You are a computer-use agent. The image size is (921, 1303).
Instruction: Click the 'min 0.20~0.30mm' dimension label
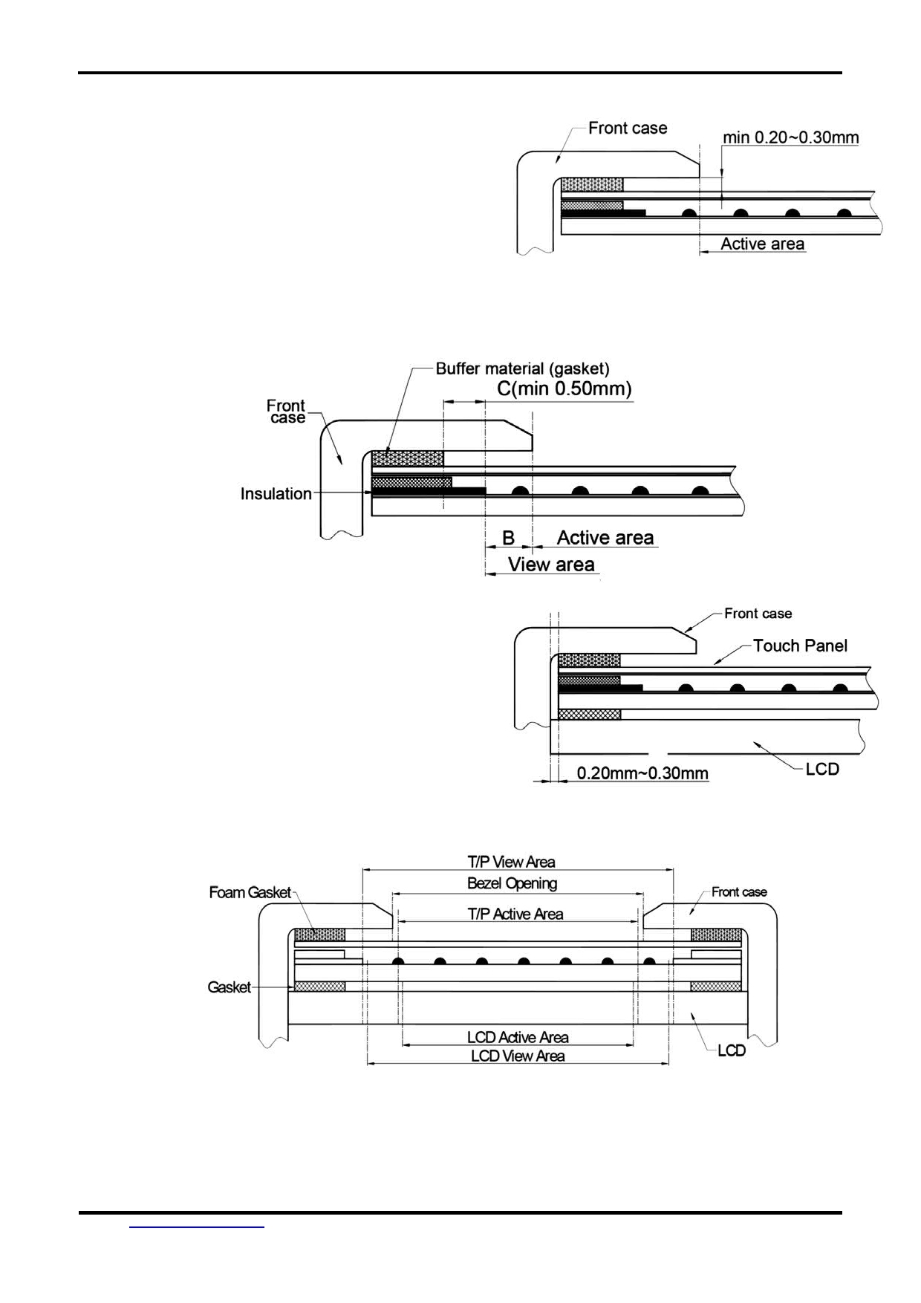tap(791, 137)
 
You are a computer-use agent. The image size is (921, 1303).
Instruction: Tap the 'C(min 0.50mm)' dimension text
tap(564, 389)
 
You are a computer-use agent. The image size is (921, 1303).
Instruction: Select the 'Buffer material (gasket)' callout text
tap(522, 368)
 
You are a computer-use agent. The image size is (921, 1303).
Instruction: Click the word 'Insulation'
tap(276, 494)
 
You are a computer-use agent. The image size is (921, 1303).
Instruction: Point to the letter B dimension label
tap(509, 538)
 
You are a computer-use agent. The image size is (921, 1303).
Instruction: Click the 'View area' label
tap(551, 565)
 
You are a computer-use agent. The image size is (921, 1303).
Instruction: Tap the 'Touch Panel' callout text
tap(800, 646)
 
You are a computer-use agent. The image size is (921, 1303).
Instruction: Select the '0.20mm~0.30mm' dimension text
tap(642, 773)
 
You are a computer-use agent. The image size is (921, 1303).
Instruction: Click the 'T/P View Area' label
tap(511, 862)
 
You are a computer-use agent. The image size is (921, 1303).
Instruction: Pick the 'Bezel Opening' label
tap(512, 883)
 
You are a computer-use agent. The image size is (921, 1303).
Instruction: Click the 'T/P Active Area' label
tap(515, 914)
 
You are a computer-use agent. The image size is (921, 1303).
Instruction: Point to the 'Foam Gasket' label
tap(250, 892)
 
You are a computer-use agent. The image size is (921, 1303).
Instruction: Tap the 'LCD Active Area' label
tap(518, 1037)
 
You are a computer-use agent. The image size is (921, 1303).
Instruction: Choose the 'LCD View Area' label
tap(518, 1056)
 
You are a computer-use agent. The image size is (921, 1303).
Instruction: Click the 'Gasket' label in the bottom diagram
tap(229, 987)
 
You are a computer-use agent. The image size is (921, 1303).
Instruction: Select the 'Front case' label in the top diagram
tap(628, 128)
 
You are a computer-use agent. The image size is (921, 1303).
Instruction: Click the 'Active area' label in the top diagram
tap(762, 244)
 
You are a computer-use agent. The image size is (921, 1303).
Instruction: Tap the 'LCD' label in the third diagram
tap(822, 769)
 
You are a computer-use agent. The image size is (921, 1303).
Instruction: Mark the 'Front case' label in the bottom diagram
tap(739, 891)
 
